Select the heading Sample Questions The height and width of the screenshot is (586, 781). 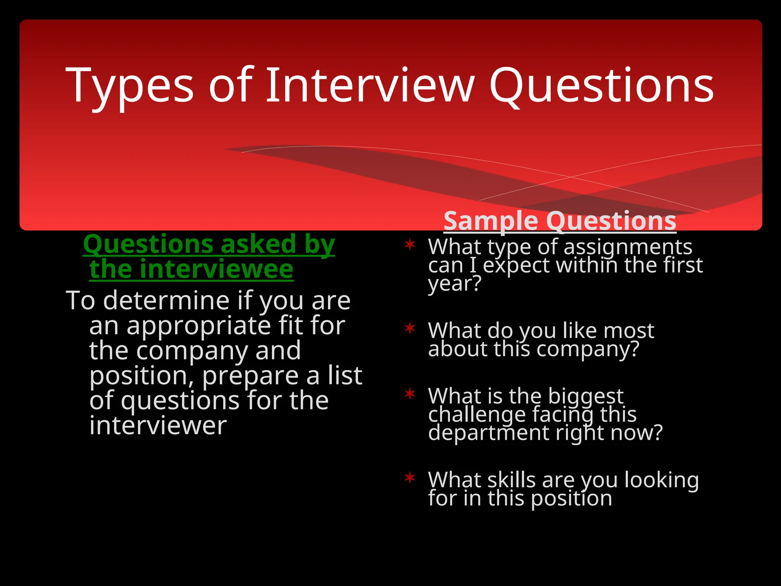[560, 221]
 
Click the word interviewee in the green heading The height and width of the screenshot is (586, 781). [191, 269]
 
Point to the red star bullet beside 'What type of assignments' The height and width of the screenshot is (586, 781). [410, 244]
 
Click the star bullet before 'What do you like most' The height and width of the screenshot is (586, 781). [410, 328]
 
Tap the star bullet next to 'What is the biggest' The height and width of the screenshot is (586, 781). [410, 393]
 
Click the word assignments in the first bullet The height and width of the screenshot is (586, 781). [628, 247]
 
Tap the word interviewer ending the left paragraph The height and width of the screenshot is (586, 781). [158, 426]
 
